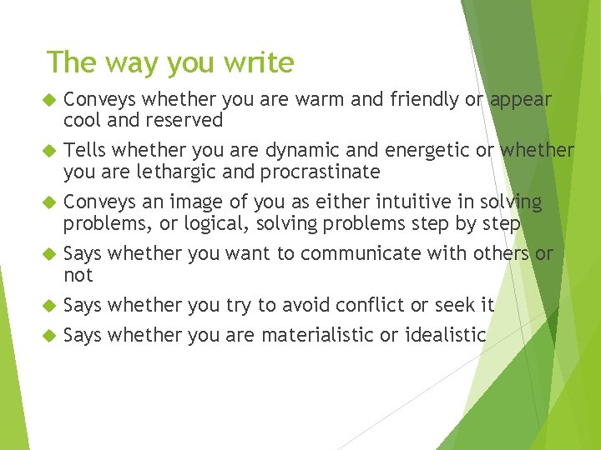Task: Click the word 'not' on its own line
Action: [x=78, y=276]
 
